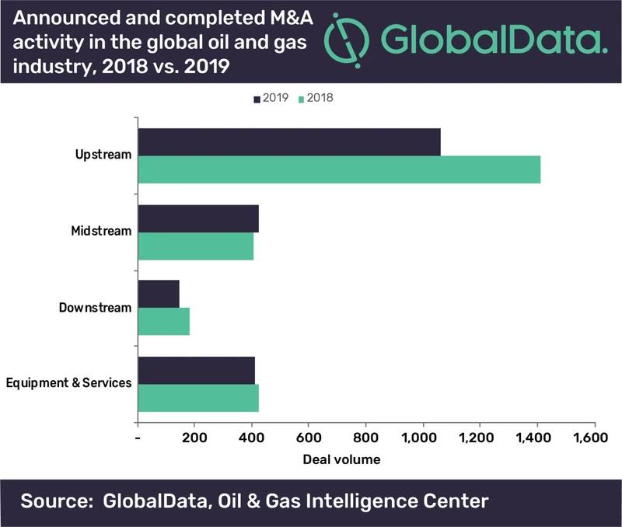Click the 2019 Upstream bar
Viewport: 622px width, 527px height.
point(289,142)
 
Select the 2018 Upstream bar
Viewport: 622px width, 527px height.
point(339,169)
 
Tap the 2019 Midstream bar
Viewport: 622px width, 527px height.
point(198,218)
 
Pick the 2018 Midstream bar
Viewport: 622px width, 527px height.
point(196,245)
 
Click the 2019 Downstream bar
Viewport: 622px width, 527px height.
point(159,294)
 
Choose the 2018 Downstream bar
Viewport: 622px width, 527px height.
point(164,321)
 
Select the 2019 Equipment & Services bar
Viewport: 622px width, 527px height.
point(197,370)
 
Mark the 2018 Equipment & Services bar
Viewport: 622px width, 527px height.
point(198,396)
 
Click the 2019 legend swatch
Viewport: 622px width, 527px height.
point(257,99)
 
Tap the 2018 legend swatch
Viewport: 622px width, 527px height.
point(302,99)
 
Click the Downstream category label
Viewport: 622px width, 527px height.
point(95,307)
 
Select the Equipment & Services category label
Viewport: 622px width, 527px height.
point(68,383)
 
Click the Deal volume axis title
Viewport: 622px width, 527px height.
point(341,459)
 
